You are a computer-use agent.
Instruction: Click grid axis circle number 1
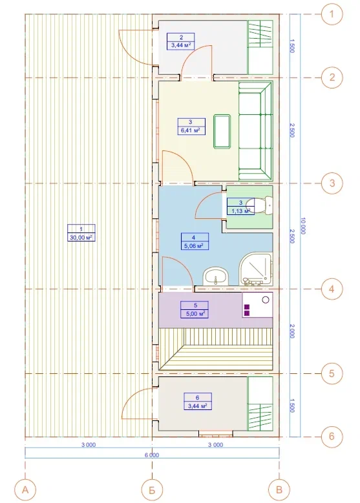(x=332, y=14)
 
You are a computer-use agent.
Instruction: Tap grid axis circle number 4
(x=332, y=289)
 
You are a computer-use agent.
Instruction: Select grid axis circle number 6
(x=332, y=436)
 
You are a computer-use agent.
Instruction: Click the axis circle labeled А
(x=25, y=490)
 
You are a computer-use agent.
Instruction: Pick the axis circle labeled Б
(x=153, y=490)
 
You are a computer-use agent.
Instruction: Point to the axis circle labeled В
(x=279, y=490)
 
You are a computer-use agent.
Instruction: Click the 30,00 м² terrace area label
(x=81, y=237)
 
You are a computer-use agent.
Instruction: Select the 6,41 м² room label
(x=191, y=130)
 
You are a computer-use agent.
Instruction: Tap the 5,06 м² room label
(x=195, y=246)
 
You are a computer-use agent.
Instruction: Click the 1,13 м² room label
(x=240, y=210)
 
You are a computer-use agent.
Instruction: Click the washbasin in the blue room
(x=215, y=276)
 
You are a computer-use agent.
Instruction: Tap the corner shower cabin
(x=256, y=269)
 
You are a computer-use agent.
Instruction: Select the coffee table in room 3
(x=222, y=131)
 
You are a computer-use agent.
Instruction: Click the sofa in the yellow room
(x=256, y=131)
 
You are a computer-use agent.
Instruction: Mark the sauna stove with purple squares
(x=257, y=305)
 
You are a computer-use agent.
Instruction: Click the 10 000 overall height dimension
(x=302, y=225)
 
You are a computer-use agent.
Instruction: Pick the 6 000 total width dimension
(x=153, y=455)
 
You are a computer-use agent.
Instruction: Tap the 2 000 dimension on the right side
(x=292, y=331)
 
